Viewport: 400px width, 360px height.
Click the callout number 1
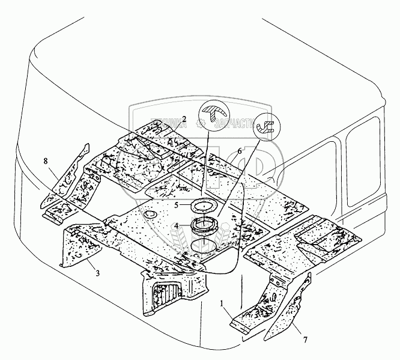tap(222, 304)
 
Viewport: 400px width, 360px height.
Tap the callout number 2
tap(184, 119)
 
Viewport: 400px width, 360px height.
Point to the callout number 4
tap(175, 226)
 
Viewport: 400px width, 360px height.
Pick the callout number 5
tap(177, 204)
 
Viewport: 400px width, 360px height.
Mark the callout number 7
tap(305, 340)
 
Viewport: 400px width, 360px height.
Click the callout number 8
tap(46, 160)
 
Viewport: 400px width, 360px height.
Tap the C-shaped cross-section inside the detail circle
tap(265, 127)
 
